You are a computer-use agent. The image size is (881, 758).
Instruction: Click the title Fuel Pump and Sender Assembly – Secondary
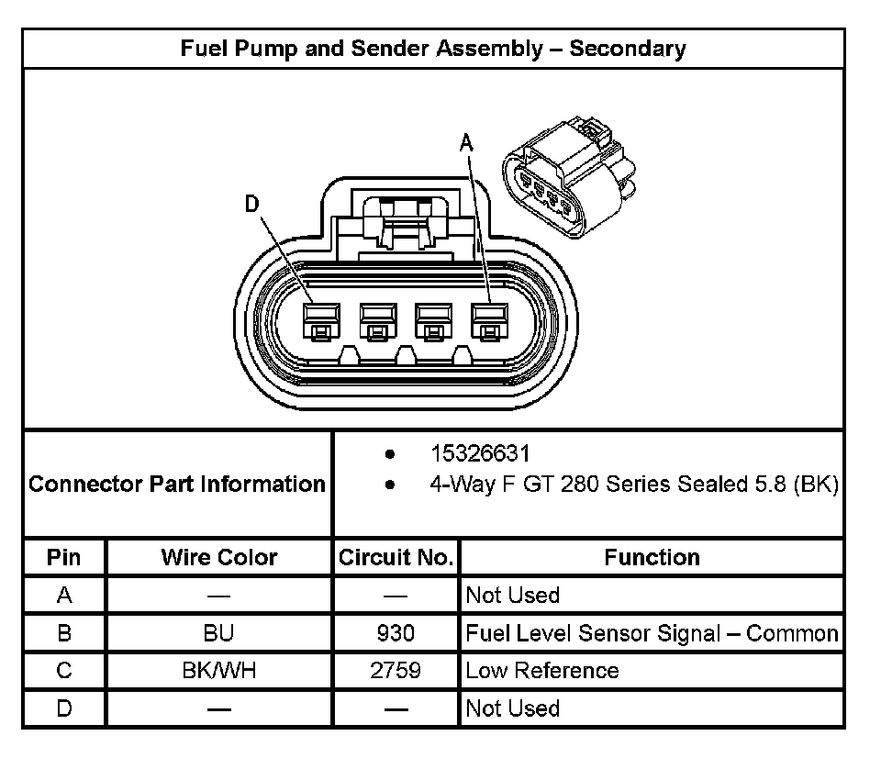point(432,49)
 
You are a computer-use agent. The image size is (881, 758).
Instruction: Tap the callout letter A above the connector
point(466,142)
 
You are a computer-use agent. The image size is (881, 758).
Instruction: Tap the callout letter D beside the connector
point(251,205)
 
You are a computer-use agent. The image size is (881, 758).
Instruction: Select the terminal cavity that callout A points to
point(489,320)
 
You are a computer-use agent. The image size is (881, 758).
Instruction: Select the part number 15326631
point(480,453)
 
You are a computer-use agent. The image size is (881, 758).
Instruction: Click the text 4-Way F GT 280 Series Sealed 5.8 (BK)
point(633,484)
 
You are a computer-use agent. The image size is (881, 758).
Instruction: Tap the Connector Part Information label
point(177,484)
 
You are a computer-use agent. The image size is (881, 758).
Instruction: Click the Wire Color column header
point(218,557)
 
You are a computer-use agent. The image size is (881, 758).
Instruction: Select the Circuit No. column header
point(396,557)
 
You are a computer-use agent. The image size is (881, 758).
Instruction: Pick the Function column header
point(652,557)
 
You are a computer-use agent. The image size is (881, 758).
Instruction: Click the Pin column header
point(64,557)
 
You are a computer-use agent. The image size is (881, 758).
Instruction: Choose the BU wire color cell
point(218,633)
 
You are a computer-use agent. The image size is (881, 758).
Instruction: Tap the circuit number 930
point(396,633)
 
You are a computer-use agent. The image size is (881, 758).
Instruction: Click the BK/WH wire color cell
point(218,671)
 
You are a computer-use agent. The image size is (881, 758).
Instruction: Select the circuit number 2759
point(396,671)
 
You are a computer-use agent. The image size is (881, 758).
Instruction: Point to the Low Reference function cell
point(541,671)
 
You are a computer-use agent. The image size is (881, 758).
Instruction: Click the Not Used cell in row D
point(512,708)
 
